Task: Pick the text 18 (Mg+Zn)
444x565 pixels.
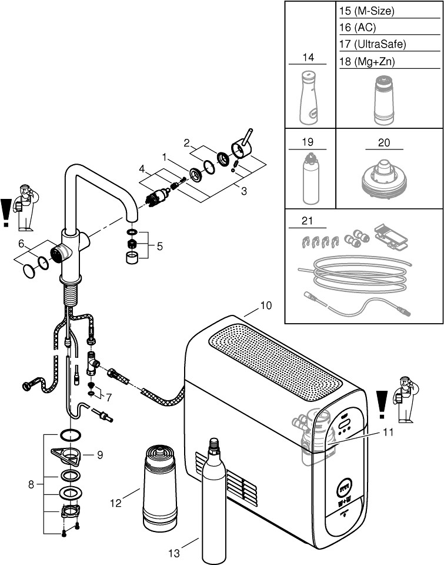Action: tap(367, 61)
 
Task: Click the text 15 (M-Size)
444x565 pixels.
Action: tap(367, 11)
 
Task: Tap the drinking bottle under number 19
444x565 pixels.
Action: tap(309, 176)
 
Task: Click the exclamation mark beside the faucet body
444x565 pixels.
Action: tap(6, 212)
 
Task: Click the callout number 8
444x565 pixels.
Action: tap(31, 484)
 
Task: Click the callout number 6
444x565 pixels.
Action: tap(21, 243)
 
